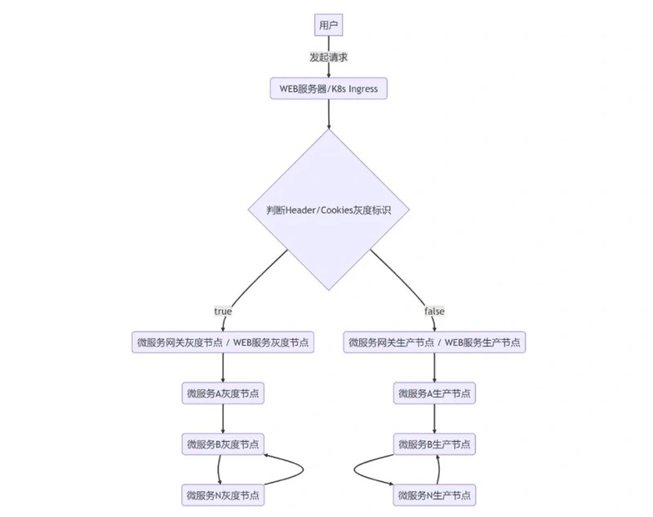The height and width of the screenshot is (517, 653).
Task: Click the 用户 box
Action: point(328,25)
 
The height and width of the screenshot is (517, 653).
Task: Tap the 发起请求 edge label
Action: point(328,57)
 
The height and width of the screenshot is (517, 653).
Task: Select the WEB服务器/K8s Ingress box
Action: point(329,89)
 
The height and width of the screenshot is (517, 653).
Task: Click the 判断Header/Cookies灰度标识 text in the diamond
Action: point(329,210)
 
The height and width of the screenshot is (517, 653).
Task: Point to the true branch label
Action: point(223,312)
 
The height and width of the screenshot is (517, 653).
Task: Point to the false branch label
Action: point(434,312)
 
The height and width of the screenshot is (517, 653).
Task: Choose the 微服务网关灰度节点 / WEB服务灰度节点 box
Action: point(223,342)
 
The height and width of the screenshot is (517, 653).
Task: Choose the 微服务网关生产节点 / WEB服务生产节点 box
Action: point(434,342)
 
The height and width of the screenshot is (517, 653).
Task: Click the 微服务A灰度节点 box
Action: point(223,393)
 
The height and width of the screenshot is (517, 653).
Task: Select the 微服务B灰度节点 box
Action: point(223,444)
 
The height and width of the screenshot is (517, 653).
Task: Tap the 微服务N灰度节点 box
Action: point(223,495)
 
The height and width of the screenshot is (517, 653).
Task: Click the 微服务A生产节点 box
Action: point(434,393)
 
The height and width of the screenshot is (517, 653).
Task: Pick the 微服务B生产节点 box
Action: point(434,444)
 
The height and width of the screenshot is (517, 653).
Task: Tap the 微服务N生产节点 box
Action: point(434,495)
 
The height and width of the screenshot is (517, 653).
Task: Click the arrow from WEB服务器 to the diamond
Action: point(329,114)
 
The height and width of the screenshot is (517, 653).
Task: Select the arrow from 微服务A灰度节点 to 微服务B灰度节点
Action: point(223,419)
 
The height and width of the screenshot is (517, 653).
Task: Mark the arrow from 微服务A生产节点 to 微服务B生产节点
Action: point(434,419)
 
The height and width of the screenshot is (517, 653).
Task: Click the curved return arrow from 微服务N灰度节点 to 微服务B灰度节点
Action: point(303,470)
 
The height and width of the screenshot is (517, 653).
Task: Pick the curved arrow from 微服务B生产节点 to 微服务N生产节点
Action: point(354,471)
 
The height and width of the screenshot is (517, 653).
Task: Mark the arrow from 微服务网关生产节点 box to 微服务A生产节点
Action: point(434,368)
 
